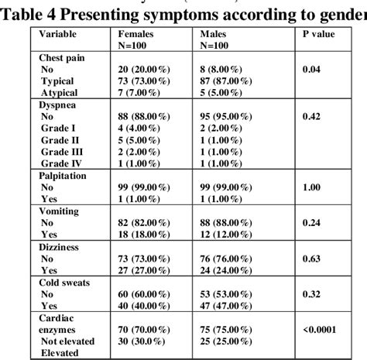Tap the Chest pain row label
(x=63, y=58)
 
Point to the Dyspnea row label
(x=58, y=101)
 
